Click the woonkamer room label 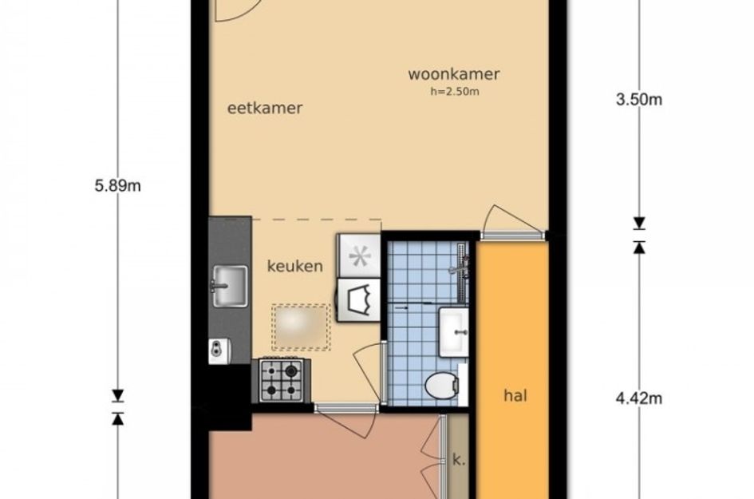[454, 74]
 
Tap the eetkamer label [265, 108]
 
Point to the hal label [516, 394]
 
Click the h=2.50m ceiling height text [454, 91]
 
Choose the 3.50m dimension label [640, 100]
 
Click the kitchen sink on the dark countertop [229, 285]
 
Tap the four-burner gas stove [282, 380]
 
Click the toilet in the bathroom [448, 386]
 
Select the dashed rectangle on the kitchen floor [301, 327]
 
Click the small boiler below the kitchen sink [219, 350]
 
